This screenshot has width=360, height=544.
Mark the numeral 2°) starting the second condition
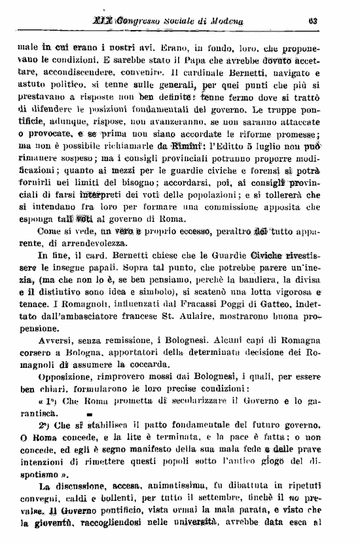(x=45, y=426)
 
